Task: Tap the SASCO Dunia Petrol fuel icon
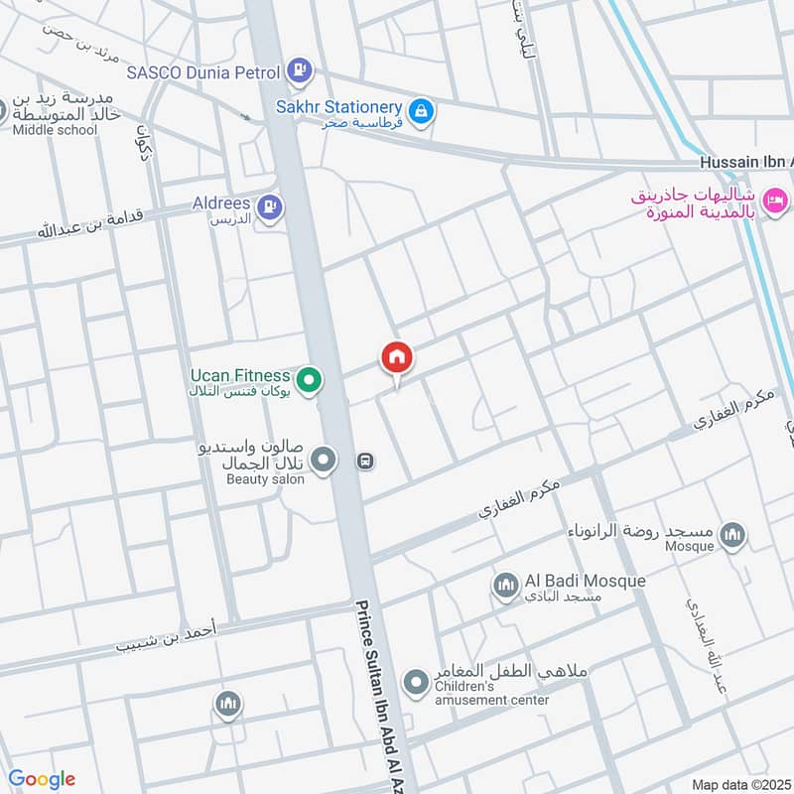click(x=298, y=70)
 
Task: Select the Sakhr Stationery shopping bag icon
click(x=422, y=111)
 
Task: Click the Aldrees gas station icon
click(x=269, y=206)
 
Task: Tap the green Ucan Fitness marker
click(x=310, y=379)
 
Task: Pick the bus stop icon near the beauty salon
click(x=365, y=462)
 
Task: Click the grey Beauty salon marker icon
click(x=323, y=460)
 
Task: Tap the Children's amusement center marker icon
click(x=415, y=683)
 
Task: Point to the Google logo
click(x=42, y=779)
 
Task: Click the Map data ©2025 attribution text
click(x=739, y=784)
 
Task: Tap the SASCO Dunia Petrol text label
click(x=203, y=71)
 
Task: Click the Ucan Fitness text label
click(x=240, y=376)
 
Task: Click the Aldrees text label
click(x=221, y=202)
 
